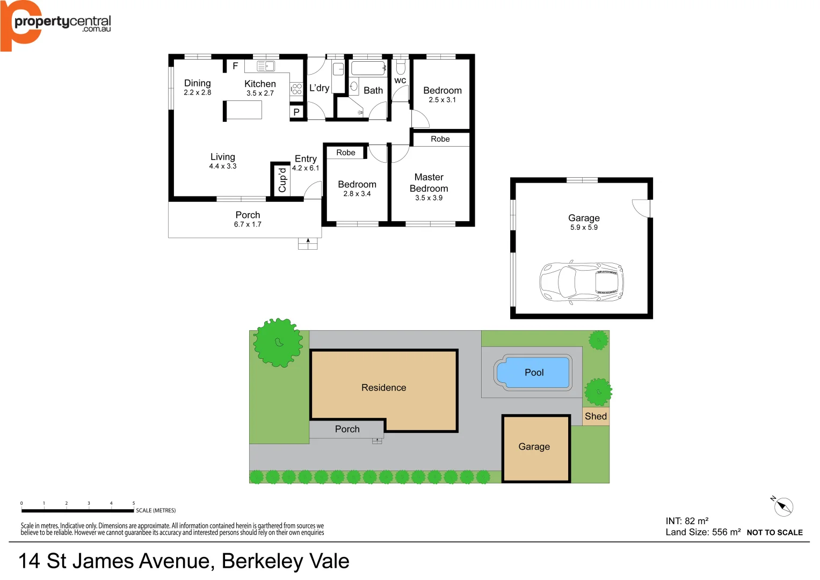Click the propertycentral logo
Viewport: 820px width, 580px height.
coord(56,24)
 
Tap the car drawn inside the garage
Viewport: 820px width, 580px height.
coord(581,281)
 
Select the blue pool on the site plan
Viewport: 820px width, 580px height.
coord(533,372)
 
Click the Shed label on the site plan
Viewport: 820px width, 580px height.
coord(596,416)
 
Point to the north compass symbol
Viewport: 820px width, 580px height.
coord(783,506)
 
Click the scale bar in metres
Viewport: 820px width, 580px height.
coord(78,510)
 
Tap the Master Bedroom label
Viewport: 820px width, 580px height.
coord(429,183)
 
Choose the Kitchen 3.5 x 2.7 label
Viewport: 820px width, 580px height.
coord(260,88)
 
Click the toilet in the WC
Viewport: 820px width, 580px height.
coord(401,68)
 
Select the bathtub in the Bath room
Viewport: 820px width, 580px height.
coord(368,68)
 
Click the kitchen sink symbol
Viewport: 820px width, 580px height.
coord(266,66)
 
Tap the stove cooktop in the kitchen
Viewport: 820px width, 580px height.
coord(296,89)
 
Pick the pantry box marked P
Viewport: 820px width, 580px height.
coord(296,112)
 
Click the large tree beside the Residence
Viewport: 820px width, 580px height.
coord(278,343)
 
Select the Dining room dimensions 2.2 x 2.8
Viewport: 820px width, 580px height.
coord(197,92)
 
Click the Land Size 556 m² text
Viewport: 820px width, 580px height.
coord(703,532)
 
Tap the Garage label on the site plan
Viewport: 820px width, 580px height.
coord(534,446)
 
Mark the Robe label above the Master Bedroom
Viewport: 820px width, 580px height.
coord(440,139)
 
